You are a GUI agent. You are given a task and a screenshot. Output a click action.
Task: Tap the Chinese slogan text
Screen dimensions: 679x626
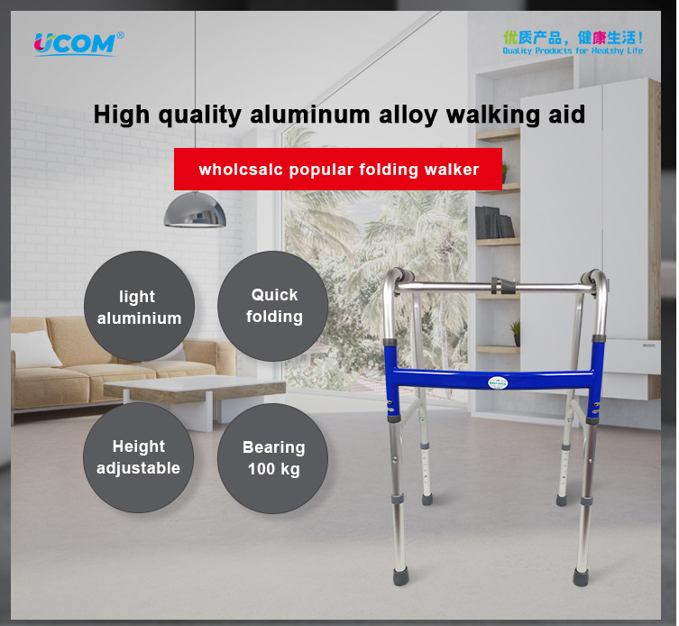click(x=573, y=38)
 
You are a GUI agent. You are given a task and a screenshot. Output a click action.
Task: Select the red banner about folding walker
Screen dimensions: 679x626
click(x=338, y=169)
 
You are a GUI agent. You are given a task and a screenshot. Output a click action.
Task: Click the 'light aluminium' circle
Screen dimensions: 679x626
click(x=139, y=307)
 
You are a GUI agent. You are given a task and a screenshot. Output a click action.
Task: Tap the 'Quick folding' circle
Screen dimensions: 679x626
click(x=273, y=306)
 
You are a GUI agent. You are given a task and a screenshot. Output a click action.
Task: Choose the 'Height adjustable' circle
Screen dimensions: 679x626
click(x=139, y=457)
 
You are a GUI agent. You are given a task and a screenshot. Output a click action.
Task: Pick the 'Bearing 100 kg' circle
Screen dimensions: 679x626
click(x=273, y=458)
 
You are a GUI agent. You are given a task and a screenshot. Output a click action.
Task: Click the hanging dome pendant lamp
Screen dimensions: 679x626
click(x=195, y=210)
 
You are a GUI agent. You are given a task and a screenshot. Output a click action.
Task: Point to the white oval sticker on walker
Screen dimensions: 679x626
click(x=498, y=382)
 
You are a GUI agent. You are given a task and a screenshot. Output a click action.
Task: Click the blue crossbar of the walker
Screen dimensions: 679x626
click(x=493, y=379)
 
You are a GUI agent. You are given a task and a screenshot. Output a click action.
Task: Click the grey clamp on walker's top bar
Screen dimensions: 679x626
click(x=502, y=286)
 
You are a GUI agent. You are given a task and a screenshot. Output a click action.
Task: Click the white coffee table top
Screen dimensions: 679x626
click(x=194, y=384)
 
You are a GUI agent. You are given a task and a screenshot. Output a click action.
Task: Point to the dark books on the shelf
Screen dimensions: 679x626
click(x=494, y=223)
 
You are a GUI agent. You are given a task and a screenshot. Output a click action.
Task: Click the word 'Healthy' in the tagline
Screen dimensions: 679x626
click(x=608, y=51)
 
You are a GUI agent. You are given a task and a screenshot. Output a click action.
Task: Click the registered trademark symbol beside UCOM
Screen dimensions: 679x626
click(x=121, y=35)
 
